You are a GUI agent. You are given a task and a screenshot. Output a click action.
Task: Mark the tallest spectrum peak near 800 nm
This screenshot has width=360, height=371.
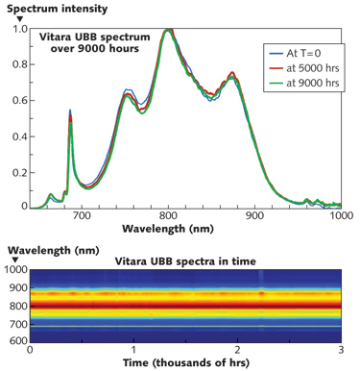pyautogui.click(x=169, y=30)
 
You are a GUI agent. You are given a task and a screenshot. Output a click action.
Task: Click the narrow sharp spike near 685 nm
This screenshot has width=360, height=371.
pyautogui.click(x=70, y=111)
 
